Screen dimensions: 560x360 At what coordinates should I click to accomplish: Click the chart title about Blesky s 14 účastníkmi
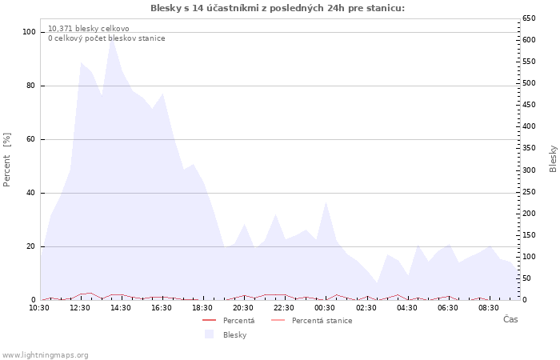click(x=278, y=8)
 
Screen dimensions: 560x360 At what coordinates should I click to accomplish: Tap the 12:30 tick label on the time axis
click(x=80, y=308)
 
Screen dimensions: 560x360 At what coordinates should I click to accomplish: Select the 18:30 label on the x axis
click(x=202, y=308)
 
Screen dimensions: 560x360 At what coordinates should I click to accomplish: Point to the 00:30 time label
click(x=325, y=308)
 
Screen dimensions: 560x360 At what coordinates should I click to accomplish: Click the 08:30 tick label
click(x=489, y=308)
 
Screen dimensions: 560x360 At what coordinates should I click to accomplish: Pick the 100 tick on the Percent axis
click(x=30, y=32)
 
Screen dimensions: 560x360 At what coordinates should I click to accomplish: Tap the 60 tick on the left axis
click(x=31, y=139)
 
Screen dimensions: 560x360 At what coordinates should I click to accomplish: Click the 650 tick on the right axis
click(x=529, y=18)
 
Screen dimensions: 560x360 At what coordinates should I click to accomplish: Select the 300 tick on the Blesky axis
click(x=529, y=170)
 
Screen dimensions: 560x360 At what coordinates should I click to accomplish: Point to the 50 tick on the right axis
click(x=526, y=278)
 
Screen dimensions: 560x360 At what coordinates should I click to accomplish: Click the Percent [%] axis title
click(x=6, y=160)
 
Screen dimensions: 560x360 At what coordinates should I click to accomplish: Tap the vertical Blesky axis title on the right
click(x=553, y=159)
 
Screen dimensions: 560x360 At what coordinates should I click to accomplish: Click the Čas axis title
click(x=510, y=319)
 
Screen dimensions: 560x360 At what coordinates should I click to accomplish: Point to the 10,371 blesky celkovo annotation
click(x=89, y=29)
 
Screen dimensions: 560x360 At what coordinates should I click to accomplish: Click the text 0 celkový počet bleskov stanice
click(x=106, y=38)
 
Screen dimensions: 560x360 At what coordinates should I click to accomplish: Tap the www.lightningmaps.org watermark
click(x=45, y=355)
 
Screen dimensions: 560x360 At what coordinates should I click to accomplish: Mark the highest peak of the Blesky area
click(x=112, y=37)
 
